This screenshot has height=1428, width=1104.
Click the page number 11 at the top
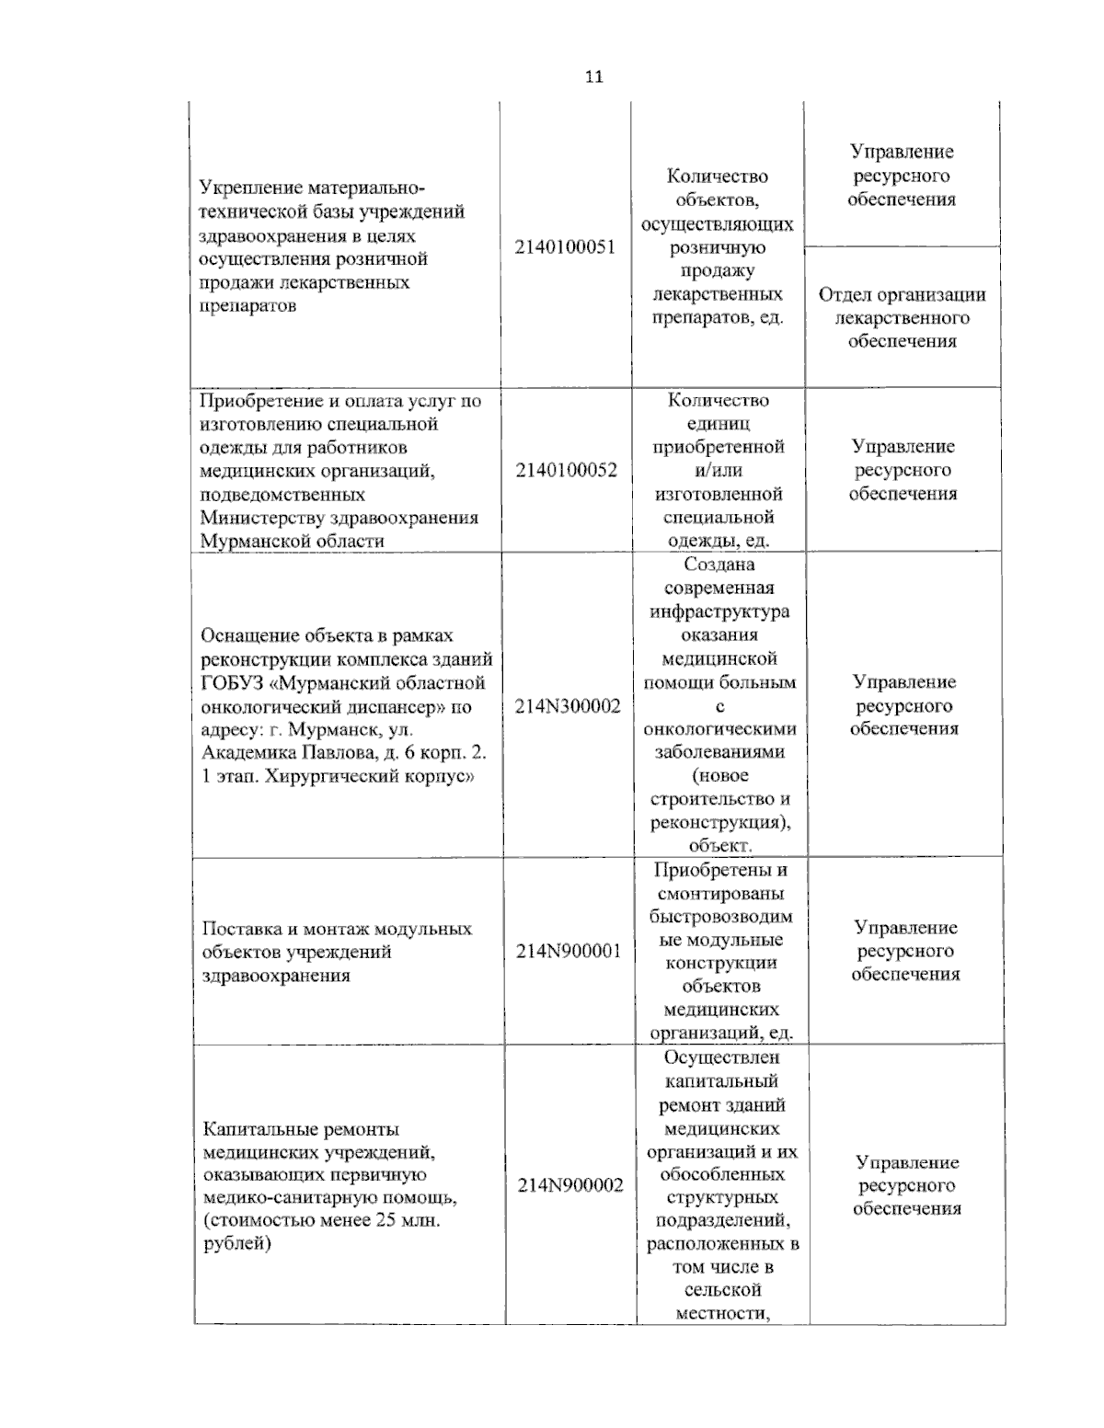(x=593, y=77)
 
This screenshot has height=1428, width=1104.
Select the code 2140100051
(x=565, y=247)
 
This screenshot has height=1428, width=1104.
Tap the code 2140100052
(x=566, y=471)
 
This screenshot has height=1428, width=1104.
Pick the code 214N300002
(x=568, y=706)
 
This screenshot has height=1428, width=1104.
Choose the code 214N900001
(x=569, y=952)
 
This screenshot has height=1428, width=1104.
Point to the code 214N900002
(x=569, y=1185)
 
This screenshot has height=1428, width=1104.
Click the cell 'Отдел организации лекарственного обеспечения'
(x=902, y=318)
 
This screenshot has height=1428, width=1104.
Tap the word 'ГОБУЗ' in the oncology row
(x=236, y=683)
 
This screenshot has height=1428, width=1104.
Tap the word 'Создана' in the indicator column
(x=719, y=565)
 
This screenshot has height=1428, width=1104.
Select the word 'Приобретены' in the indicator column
(x=720, y=870)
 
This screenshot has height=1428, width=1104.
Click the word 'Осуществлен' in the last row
(x=722, y=1057)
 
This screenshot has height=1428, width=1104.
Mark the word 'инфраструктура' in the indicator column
(x=719, y=611)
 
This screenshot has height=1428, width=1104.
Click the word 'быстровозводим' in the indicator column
(x=720, y=917)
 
